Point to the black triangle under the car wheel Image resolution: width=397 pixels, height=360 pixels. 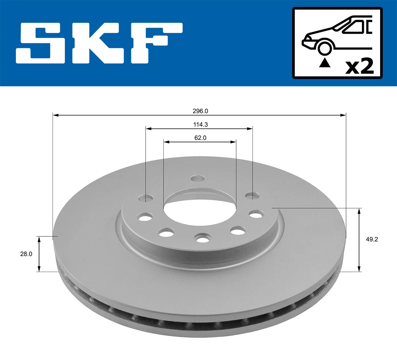coord(325,62)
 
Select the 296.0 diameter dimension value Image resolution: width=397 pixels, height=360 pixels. coord(200,111)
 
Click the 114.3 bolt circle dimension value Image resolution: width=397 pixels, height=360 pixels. coord(200,125)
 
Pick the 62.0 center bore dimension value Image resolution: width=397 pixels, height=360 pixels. coord(200,138)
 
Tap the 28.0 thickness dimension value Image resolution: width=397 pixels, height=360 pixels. coord(26,254)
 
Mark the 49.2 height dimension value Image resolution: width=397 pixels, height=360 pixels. coord(372,239)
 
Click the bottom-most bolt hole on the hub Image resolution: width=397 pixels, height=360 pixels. coord(203,237)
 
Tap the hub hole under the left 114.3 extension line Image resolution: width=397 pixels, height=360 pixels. coord(146,198)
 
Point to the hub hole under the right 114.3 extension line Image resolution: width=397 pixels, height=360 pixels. coord(252,196)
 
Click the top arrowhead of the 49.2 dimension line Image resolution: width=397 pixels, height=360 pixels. coord(359,211)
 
